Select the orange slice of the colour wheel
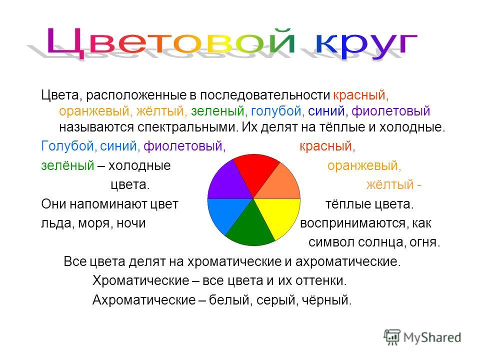click(280, 185)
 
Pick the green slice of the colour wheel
click(251, 228)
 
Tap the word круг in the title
click(366, 44)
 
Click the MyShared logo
click(422, 337)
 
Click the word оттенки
click(321, 280)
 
